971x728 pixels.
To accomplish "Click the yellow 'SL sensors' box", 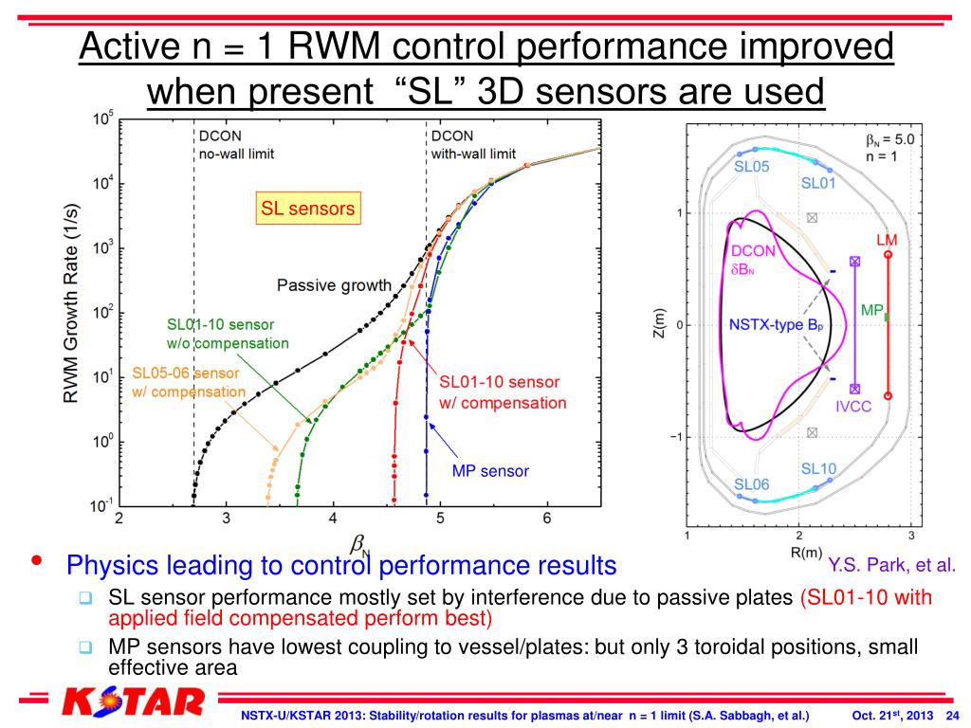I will (308, 208).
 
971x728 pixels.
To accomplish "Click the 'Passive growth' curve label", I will (334, 284).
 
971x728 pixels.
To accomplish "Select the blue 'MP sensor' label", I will (490, 470).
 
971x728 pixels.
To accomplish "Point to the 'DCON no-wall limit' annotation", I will (236, 144).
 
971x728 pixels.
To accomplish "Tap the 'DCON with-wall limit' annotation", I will (473, 144).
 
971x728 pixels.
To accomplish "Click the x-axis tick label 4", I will (333, 519).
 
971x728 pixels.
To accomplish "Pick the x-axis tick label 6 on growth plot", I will (547, 519).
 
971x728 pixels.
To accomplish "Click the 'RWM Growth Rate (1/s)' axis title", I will (71, 312).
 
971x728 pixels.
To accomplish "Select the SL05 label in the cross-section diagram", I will (752, 166).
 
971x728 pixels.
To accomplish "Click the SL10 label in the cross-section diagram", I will (818, 468).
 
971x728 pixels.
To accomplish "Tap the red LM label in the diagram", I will (887, 241).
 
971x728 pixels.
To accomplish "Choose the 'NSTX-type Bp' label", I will (776, 325).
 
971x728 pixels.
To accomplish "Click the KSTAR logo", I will (133, 703).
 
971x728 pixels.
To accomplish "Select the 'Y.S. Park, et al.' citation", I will (891, 566).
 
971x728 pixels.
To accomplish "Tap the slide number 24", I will (953, 714).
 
